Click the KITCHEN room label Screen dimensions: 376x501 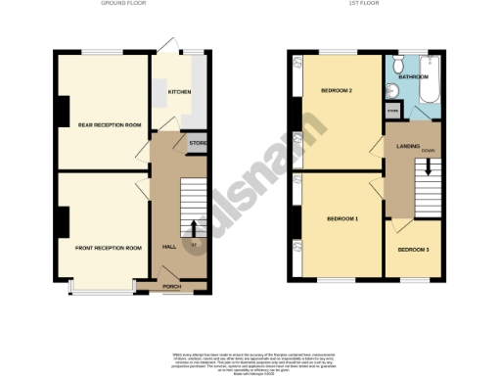[179, 92]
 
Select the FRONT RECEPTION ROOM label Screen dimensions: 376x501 [109, 248]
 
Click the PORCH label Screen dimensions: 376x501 [171, 286]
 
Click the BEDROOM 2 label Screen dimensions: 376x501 [337, 91]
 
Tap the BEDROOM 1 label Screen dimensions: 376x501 [342, 217]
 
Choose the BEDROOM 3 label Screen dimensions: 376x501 [412, 250]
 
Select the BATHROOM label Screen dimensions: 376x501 [412, 75]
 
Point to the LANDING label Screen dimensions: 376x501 [408, 146]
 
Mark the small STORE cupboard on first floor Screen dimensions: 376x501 [392, 113]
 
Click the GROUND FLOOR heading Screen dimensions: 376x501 [122, 4]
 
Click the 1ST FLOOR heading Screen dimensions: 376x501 [364, 4]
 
